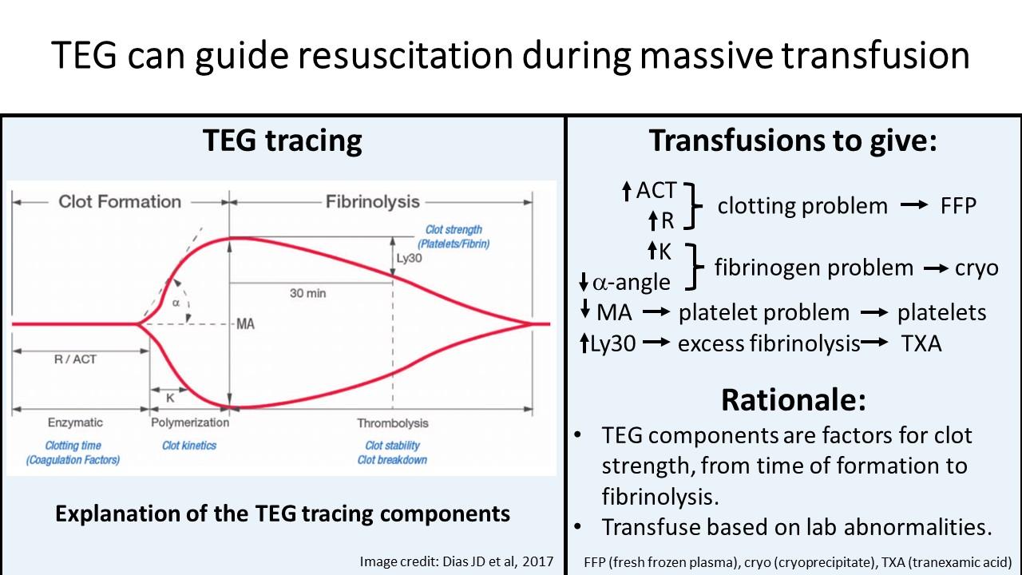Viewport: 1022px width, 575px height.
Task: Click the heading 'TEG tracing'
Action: click(x=283, y=141)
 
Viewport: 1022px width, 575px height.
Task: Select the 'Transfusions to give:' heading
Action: click(x=793, y=141)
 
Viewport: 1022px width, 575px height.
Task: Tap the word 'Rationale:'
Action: click(x=793, y=399)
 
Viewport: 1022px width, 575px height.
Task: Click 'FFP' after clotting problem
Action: click(x=959, y=206)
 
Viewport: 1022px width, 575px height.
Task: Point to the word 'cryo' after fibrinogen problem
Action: click(x=976, y=268)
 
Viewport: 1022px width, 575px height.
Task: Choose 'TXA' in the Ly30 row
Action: click(x=921, y=344)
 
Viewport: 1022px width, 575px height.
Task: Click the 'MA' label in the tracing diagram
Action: click(x=245, y=325)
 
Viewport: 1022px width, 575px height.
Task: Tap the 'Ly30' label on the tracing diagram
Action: click(x=410, y=259)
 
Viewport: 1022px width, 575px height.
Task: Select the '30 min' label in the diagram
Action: click(x=307, y=294)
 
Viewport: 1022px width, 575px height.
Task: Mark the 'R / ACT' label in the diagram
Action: click(x=75, y=359)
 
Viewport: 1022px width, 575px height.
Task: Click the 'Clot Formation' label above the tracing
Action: click(x=120, y=201)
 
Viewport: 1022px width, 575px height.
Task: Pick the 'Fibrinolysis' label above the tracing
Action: click(x=372, y=201)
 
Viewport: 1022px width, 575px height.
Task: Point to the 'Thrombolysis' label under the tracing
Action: click(x=393, y=423)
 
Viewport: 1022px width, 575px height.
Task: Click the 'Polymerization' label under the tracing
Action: click(x=189, y=422)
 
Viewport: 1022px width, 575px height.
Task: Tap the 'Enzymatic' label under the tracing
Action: click(x=75, y=422)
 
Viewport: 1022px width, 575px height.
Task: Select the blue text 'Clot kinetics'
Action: click(x=189, y=446)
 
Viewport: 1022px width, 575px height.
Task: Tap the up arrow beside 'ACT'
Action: click(x=627, y=191)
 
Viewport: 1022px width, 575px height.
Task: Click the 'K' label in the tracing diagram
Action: click(x=169, y=398)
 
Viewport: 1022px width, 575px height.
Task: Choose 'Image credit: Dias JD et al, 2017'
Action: click(x=457, y=561)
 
